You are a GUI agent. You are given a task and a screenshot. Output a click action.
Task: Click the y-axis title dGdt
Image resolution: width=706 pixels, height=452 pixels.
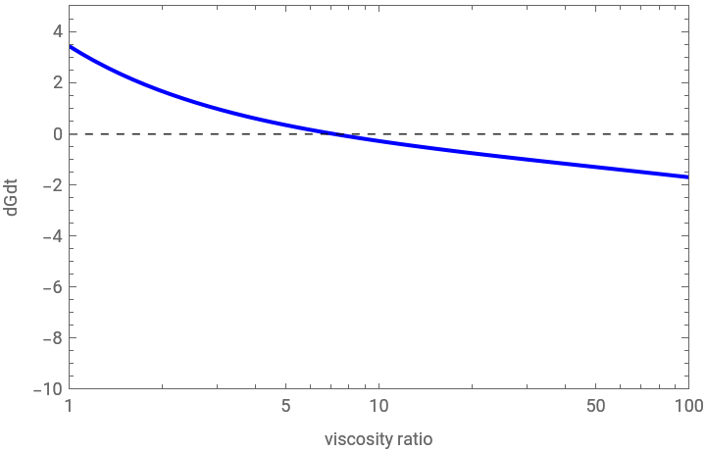[13, 196]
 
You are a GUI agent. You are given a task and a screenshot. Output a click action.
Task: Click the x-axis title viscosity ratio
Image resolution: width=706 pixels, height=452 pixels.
[378, 438]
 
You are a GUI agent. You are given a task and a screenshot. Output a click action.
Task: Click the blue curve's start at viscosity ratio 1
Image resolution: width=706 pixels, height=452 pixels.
[70, 46]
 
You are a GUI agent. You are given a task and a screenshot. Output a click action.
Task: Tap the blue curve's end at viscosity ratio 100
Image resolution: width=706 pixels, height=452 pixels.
[687, 176]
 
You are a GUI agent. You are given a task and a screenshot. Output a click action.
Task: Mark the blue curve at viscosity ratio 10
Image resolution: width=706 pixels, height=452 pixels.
[378, 140]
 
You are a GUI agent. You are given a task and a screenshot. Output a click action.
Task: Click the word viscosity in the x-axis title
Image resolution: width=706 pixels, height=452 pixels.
[358, 438]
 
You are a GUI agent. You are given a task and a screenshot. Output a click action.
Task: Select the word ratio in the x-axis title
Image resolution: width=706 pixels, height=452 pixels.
[415, 438]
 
